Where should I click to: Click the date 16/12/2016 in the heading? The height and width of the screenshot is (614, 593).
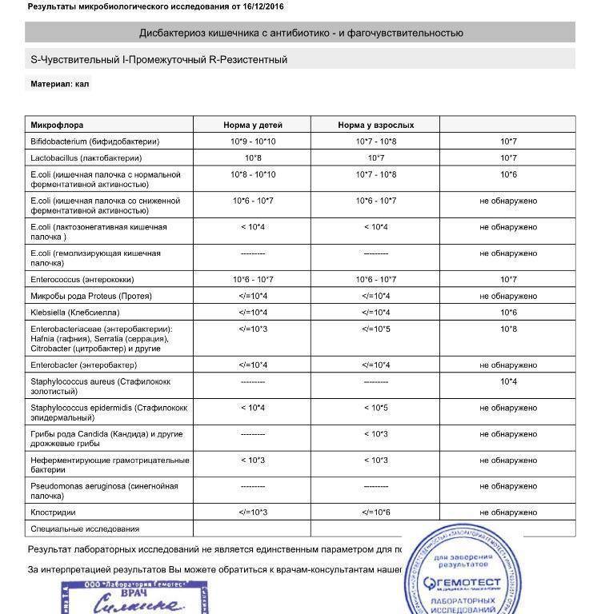tap(260, 7)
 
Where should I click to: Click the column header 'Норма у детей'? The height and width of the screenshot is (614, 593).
tap(253, 126)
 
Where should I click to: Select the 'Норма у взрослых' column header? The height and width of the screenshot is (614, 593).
tap(376, 126)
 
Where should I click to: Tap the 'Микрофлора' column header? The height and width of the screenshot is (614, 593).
tap(57, 126)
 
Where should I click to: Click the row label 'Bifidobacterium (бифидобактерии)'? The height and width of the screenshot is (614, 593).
tap(95, 142)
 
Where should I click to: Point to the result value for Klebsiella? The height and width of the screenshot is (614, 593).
tap(508, 312)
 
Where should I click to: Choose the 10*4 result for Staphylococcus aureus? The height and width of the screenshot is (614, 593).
tap(508, 381)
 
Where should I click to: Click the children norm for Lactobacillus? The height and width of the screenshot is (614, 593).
tap(253, 158)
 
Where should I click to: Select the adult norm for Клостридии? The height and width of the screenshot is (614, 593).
tap(376, 512)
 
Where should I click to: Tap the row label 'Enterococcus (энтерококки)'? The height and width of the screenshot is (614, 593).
tap(82, 280)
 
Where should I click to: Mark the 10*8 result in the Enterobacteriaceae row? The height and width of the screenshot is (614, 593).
tap(508, 329)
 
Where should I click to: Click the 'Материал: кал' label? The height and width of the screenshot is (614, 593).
tap(59, 84)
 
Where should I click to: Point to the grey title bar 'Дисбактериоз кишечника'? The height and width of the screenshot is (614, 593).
tap(300, 33)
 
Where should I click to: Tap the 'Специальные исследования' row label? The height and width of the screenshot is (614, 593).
tap(85, 528)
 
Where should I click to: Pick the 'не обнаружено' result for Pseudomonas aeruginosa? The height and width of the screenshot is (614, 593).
tap(508, 486)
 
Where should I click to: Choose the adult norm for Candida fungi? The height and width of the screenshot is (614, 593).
tap(376, 434)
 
